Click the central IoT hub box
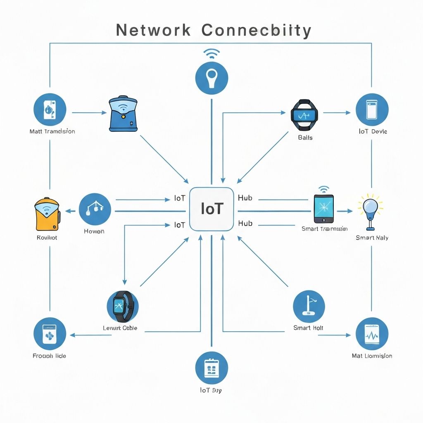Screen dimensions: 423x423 point(211,209)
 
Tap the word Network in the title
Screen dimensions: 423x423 point(153,31)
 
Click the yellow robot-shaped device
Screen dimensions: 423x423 point(47,214)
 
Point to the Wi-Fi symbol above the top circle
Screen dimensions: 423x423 point(211,54)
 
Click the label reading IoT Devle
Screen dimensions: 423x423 point(373,131)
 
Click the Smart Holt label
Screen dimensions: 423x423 point(308,328)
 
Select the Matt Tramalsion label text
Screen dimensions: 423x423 point(52,131)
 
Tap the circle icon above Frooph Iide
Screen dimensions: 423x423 point(49,333)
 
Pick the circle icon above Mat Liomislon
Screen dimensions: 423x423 point(372,334)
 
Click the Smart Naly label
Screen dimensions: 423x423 point(372,238)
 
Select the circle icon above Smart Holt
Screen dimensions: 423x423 point(309,306)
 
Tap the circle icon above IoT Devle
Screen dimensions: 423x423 point(372,109)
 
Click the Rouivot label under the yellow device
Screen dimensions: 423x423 point(47,238)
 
